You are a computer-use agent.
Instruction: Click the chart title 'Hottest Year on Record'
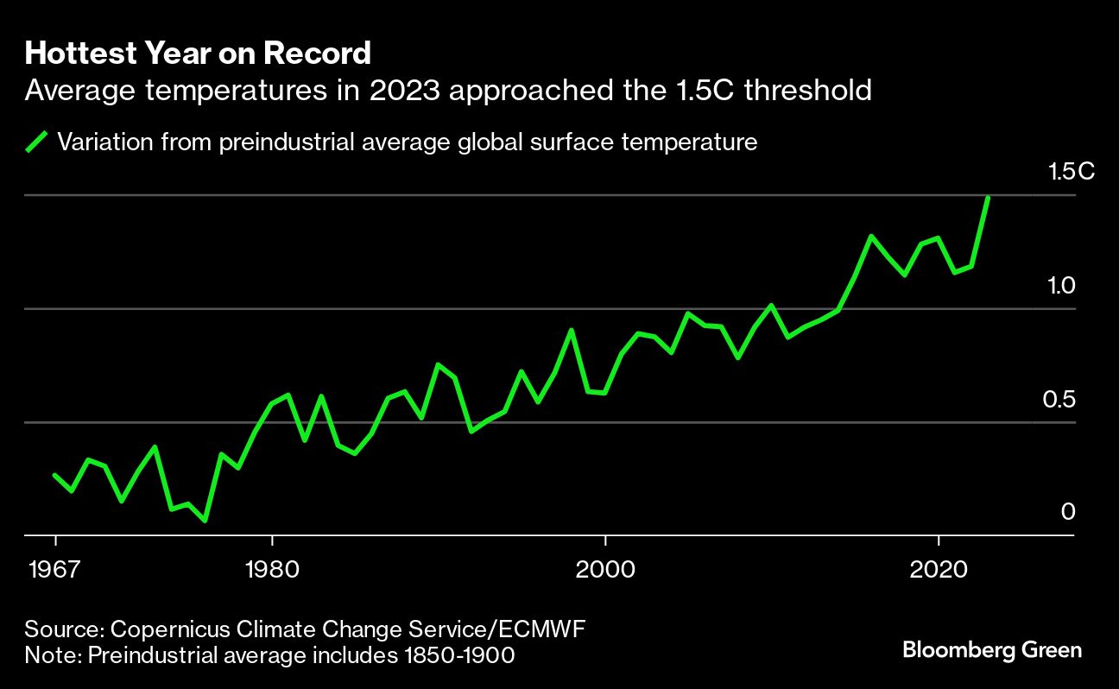pos(198,54)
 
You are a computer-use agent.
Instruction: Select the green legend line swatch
pos(37,142)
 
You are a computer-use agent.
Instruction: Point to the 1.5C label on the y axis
pos(1071,172)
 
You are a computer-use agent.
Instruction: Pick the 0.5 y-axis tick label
pos(1062,399)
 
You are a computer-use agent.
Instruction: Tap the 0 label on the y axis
pos(1068,512)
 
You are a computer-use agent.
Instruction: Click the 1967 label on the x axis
pos(55,570)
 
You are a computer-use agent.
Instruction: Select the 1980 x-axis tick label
pos(272,570)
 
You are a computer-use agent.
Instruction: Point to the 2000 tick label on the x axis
pos(606,570)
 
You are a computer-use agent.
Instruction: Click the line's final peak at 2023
pos(988,198)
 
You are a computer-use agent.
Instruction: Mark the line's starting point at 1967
pos(55,475)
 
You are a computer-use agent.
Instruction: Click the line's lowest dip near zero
pos(205,521)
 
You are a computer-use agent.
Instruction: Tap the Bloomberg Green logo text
pos(992,649)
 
